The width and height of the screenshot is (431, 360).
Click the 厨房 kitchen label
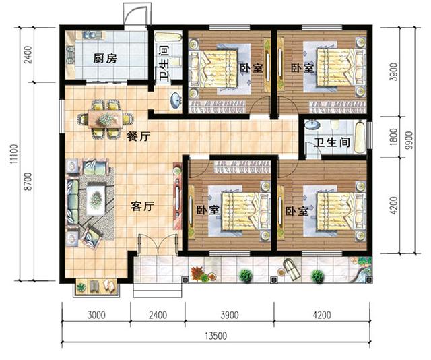(104, 59)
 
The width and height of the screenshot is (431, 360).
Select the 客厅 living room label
(143, 207)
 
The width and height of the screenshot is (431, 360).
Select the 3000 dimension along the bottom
(96, 314)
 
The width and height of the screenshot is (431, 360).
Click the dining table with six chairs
(106, 119)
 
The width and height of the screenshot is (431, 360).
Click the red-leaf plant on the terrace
(197, 273)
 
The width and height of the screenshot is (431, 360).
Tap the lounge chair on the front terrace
(292, 269)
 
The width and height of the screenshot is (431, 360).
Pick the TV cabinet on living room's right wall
(178, 200)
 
